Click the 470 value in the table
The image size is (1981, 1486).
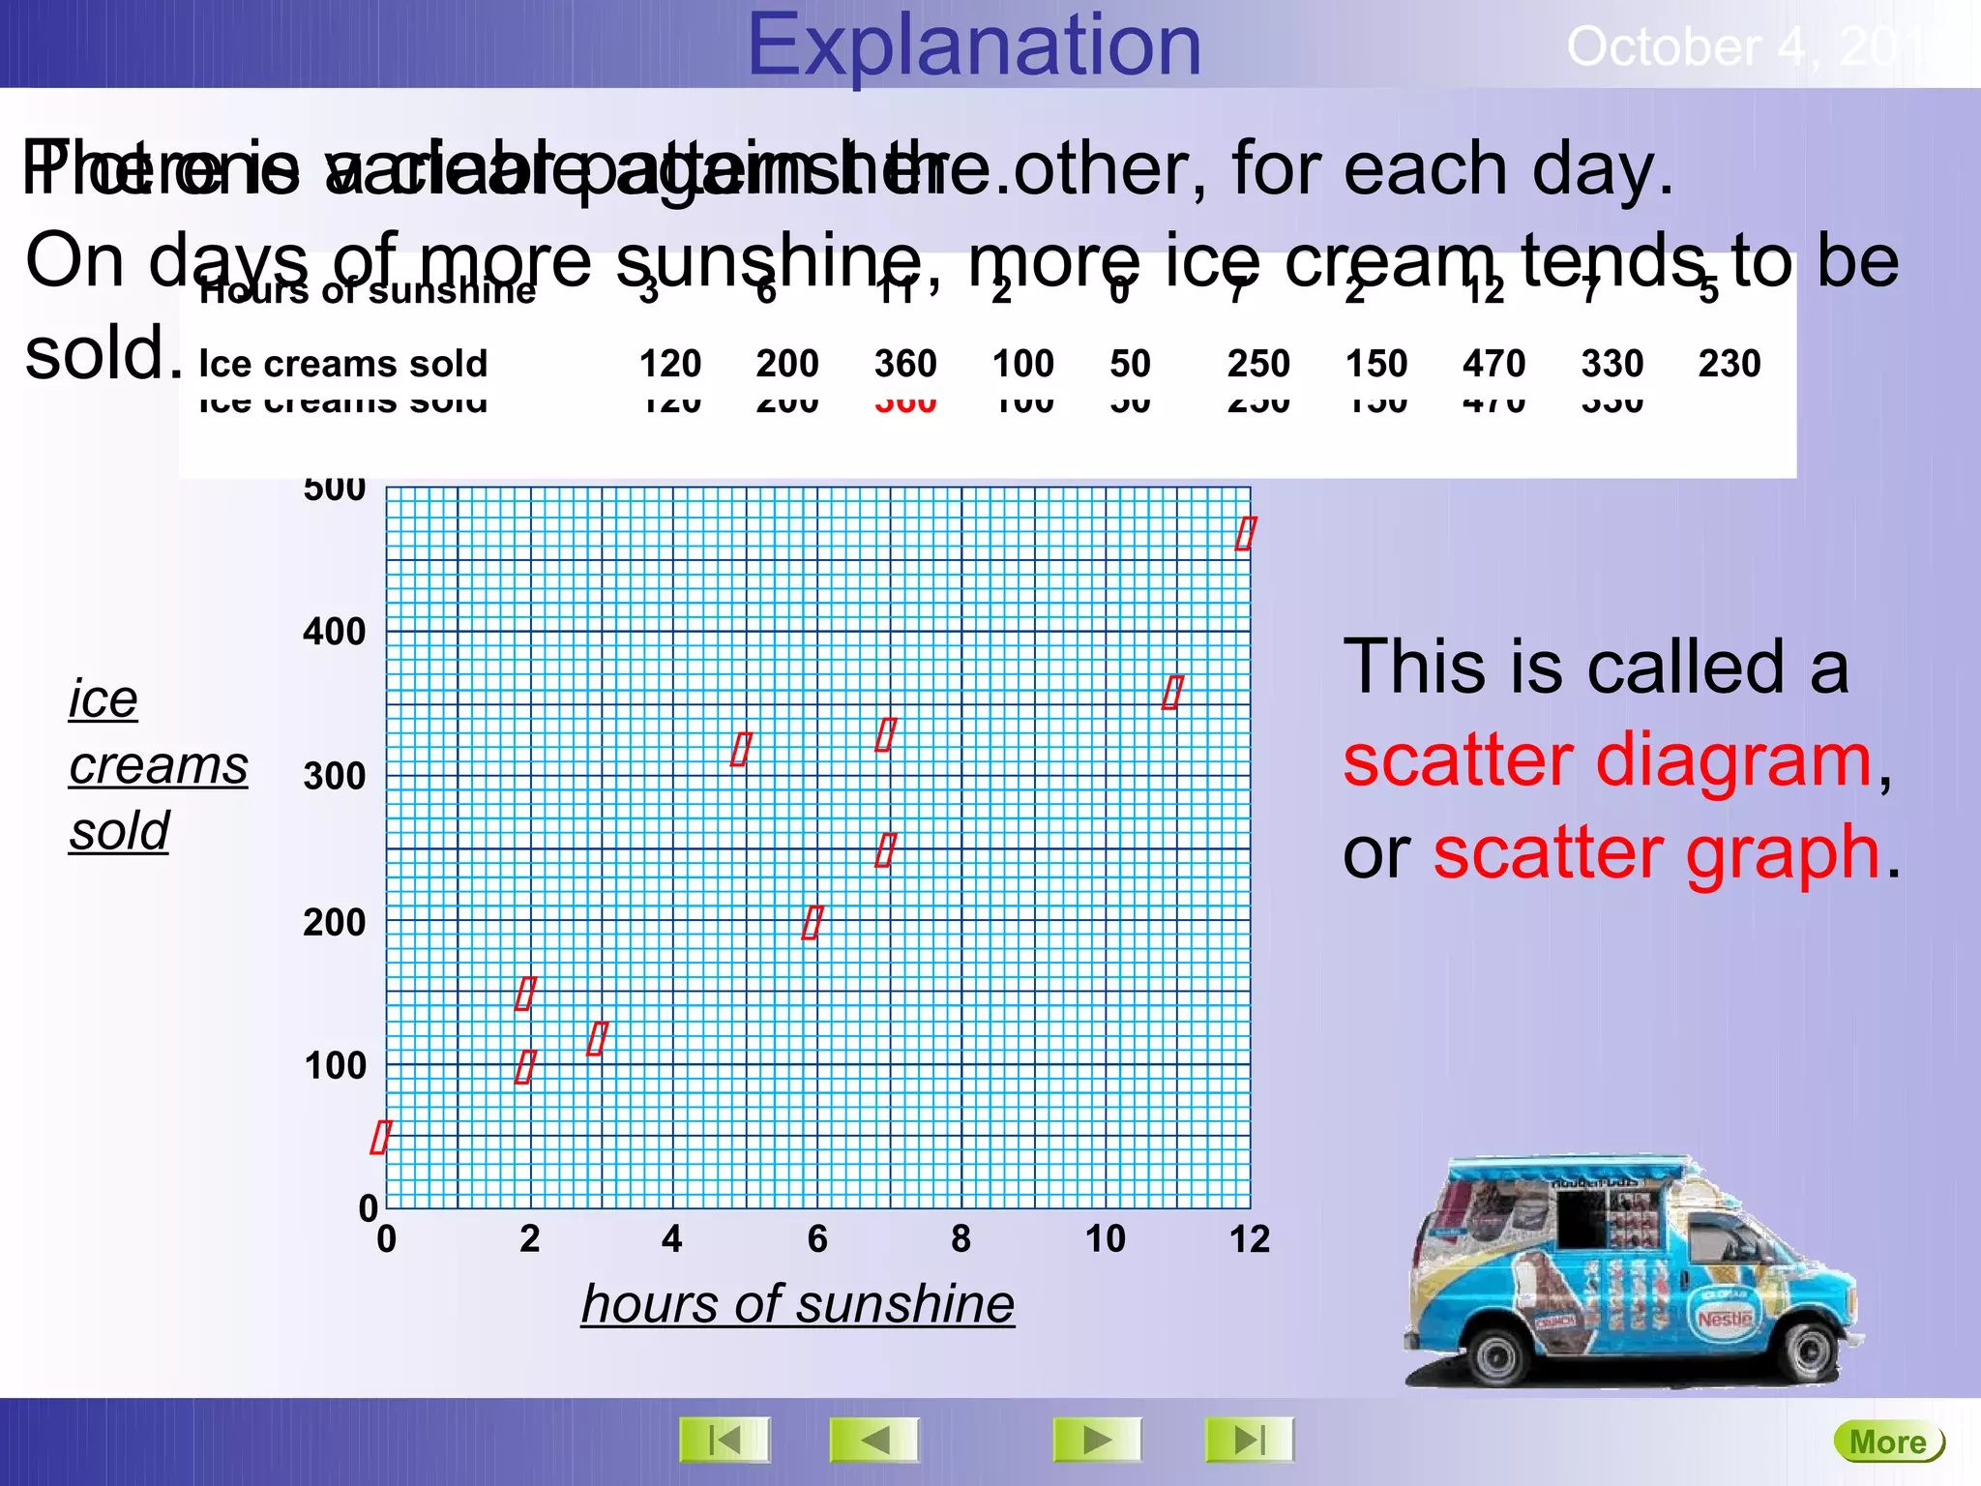click(x=1493, y=364)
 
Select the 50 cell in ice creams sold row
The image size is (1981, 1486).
click(x=1130, y=364)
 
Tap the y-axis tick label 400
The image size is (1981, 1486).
click(x=334, y=632)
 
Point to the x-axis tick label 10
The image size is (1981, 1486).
click(x=1105, y=1239)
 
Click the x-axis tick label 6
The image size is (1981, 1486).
click(x=817, y=1239)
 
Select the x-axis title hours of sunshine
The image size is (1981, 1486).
click(x=797, y=1303)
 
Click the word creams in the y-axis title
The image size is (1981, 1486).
click(x=159, y=765)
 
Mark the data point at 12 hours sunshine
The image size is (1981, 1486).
click(x=1245, y=533)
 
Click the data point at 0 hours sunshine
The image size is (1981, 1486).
click(x=380, y=1137)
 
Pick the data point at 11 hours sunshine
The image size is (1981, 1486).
click(x=1171, y=693)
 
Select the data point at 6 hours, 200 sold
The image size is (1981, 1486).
click(x=813, y=922)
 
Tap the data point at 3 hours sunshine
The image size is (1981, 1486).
click(x=598, y=1038)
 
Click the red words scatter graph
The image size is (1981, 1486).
click(x=1656, y=853)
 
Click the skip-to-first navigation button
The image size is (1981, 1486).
click(x=724, y=1440)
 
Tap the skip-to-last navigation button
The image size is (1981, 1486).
click(x=1249, y=1440)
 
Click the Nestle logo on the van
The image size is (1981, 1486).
click(x=1725, y=1319)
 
